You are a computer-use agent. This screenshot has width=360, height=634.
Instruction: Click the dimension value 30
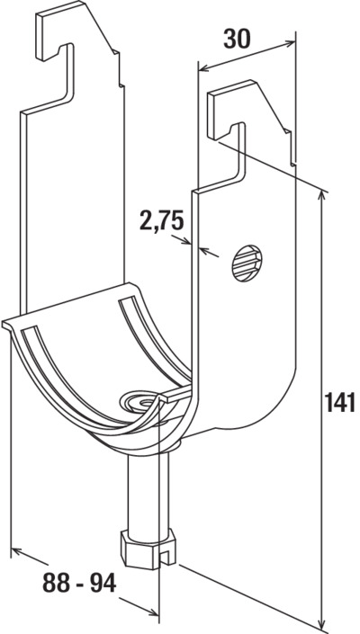tap(237, 40)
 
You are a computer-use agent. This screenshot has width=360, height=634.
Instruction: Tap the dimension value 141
tap(340, 402)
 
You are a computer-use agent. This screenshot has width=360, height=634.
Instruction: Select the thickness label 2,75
tap(162, 220)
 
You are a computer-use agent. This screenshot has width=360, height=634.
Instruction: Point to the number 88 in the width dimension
tap(55, 584)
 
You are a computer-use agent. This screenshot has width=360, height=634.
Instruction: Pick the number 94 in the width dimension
tap(103, 584)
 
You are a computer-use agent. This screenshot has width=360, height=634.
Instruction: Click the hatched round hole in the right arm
tap(247, 263)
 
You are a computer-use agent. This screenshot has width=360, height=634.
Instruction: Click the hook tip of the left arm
tap(41, 57)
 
